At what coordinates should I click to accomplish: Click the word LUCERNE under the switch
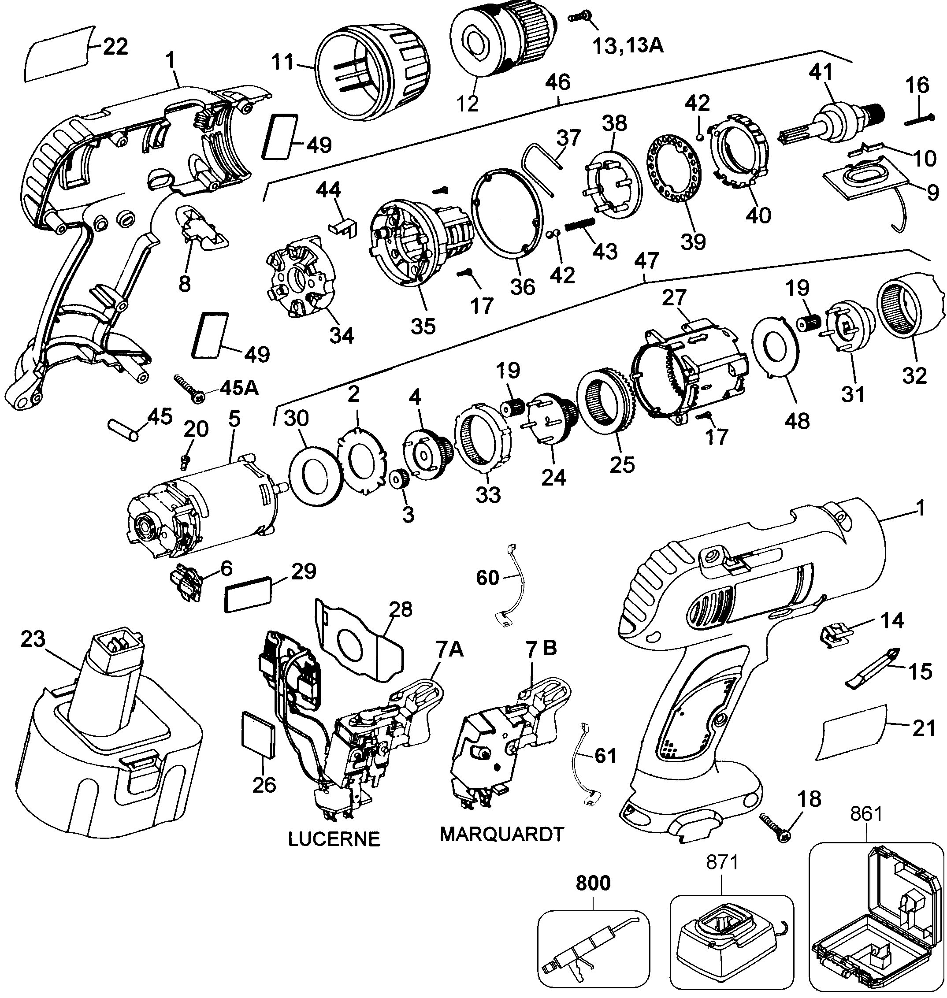click(x=334, y=839)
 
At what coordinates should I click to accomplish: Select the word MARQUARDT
click(x=501, y=835)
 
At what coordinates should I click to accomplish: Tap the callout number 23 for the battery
click(x=33, y=640)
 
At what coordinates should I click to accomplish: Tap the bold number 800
click(x=593, y=883)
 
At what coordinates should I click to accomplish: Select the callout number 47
click(x=647, y=260)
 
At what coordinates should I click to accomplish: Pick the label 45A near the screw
click(x=238, y=388)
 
